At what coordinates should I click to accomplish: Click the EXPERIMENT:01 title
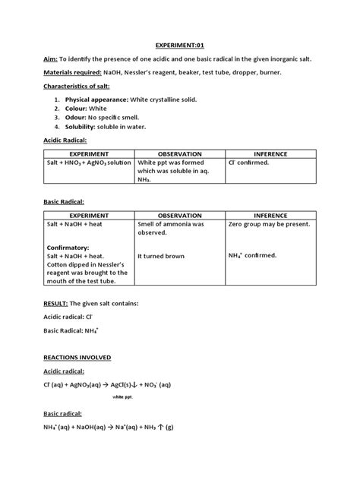[x=180, y=45]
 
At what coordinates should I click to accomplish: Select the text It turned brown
[x=162, y=257]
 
